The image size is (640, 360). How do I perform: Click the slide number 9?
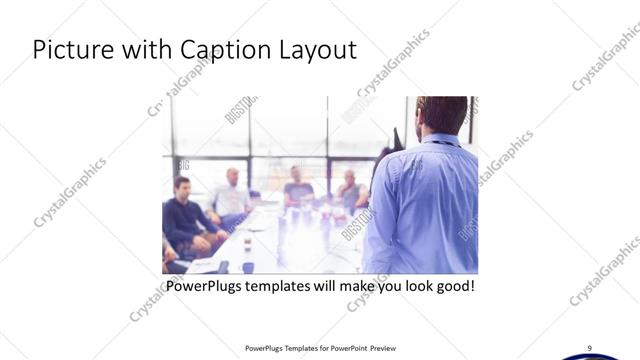[x=589, y=347]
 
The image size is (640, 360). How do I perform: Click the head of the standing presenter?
[x=440, y=115]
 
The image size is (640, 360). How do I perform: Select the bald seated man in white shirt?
[x=231, y=194]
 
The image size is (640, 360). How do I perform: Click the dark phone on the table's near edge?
[x=223, y=266]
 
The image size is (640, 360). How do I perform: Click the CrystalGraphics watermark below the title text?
[x=180, y=85]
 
